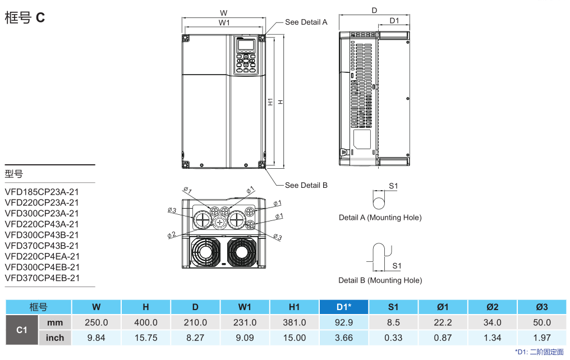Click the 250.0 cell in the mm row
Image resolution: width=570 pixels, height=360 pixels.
[96, 322]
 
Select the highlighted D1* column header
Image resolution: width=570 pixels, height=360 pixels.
[344, 307]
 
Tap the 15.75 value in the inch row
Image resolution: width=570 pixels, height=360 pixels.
[146, 338]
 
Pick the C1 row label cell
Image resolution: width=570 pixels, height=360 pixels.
[22, 330]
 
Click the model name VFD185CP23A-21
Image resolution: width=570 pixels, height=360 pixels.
[42, 192]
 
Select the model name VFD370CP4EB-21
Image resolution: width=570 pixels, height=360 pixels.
[42, 278]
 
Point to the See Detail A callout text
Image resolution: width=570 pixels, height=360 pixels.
[306, 22]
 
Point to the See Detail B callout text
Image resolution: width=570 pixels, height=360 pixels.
[306, 185]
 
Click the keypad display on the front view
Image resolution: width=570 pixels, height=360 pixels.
[245, 45]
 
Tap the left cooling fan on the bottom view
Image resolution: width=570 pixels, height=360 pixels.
[204, 252]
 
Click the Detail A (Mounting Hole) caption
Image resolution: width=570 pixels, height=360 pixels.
[380, 218]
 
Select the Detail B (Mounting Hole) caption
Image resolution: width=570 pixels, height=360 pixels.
[380, 280]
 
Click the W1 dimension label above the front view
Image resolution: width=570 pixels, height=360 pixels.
[224, 22]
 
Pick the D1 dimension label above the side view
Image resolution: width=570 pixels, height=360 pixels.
[394, 21]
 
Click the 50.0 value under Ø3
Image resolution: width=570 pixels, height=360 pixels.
[541, 322]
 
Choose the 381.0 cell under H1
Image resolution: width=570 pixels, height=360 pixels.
[295, 322]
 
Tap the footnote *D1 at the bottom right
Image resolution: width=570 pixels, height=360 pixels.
[539, 352]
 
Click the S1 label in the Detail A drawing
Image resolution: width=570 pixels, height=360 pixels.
[393, 186]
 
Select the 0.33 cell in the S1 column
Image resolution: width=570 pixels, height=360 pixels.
[393, 338]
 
